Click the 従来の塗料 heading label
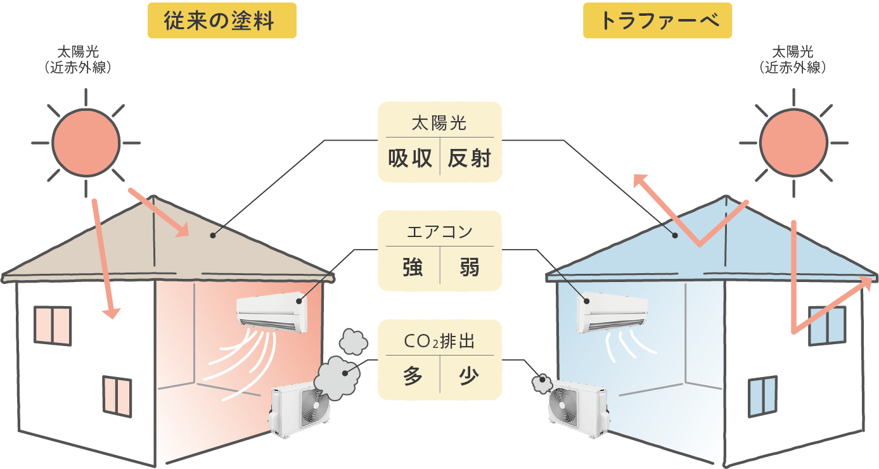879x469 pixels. click(221, 22)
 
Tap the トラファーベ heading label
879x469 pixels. click(657, 22)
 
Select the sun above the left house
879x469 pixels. click(86, 141)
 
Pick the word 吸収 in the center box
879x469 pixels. click(410, 159)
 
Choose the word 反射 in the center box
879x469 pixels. click(469, 159)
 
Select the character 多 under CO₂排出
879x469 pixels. click(413, 376)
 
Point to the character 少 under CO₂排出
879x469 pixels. click(469, 376)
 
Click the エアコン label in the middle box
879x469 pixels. click(440, 232)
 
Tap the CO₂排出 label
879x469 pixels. click(439, 342)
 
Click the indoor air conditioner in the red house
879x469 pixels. click(271, 312)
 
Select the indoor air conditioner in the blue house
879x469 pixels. click(612, 313)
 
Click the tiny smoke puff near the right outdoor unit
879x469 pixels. click(541, 382)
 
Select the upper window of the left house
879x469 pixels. click(53, 326)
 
